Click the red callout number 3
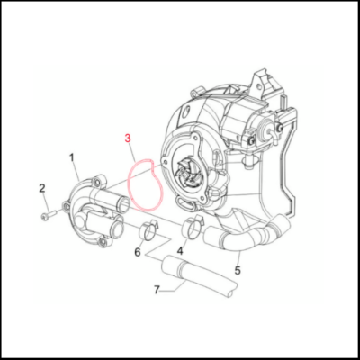pos(128,139)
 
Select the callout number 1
pos(72,157)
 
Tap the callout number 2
pos(42,188)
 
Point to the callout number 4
pos(180,250)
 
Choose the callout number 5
pos(238,271)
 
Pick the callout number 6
pos(138,252)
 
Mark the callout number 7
pos(157,290)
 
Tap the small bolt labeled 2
pos(48,214)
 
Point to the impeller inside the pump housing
pos(186,175)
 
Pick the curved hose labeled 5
pos(247,235)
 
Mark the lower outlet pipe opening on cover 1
pos(118,227)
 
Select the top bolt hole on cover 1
pos(96,183)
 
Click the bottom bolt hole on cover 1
pos(103,241)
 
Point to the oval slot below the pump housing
pos(185,204)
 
